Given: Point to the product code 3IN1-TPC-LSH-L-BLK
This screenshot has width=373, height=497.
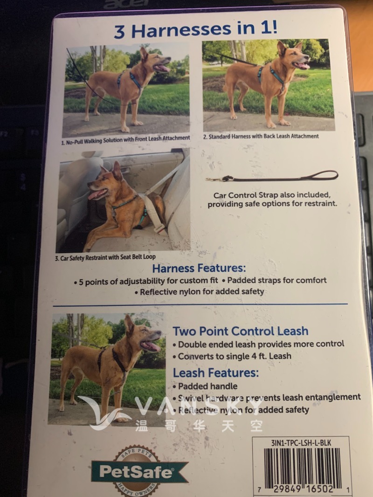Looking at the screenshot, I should [301, 443].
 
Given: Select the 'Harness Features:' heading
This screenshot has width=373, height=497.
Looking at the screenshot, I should [199, 269].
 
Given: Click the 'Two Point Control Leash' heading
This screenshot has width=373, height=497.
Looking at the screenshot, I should [241, 331].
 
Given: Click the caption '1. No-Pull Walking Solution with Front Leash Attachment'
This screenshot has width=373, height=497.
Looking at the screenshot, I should [126, 138].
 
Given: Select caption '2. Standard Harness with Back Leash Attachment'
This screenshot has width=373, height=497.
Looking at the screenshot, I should [261, 137].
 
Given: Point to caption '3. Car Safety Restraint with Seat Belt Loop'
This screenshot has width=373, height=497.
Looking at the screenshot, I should [108, 257].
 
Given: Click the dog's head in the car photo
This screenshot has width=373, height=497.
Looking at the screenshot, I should [106, 182].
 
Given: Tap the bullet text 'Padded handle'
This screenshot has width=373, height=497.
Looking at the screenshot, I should [207, 386].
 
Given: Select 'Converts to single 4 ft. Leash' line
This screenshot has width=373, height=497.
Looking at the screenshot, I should [235, 356].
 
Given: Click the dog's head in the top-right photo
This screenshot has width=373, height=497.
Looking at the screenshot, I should [293, 56].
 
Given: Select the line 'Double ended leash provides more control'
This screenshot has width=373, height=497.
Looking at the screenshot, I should [261, 344].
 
